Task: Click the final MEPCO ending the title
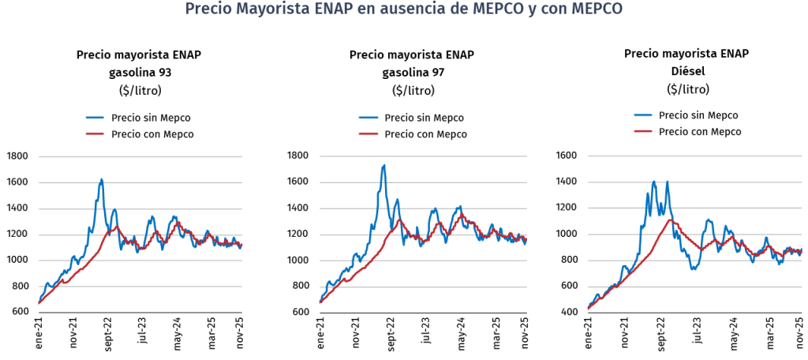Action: [x=597, y=9]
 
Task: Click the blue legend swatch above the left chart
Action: [x=95, y=118]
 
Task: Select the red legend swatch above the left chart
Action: [x=95, y=134]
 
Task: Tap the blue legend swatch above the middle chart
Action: [x=368, y=118]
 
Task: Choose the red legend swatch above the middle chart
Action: [x=368, y=134]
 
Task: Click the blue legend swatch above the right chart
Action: [x=643, y=114]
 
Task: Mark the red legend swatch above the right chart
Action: [x=643, y=130]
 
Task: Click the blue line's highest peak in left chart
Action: [x=101, y=179]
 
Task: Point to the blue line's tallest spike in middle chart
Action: [x=383, y=166]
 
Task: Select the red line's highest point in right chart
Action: [x=671, y=219]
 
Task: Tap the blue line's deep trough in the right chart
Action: [x=694, y=268]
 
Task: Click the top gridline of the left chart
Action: [x=140, y=156]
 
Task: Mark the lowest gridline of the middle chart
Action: [x=422, y=287]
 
